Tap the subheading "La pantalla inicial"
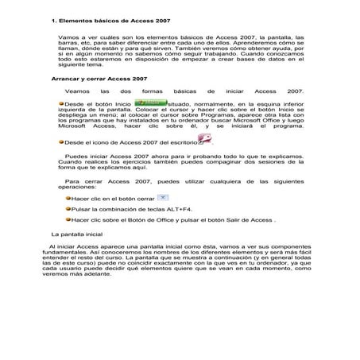(x=77, y=234)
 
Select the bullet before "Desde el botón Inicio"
(x=63, y=104)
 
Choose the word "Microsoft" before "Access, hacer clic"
(x=76, y=126)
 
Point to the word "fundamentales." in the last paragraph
(x=61, y=253)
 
